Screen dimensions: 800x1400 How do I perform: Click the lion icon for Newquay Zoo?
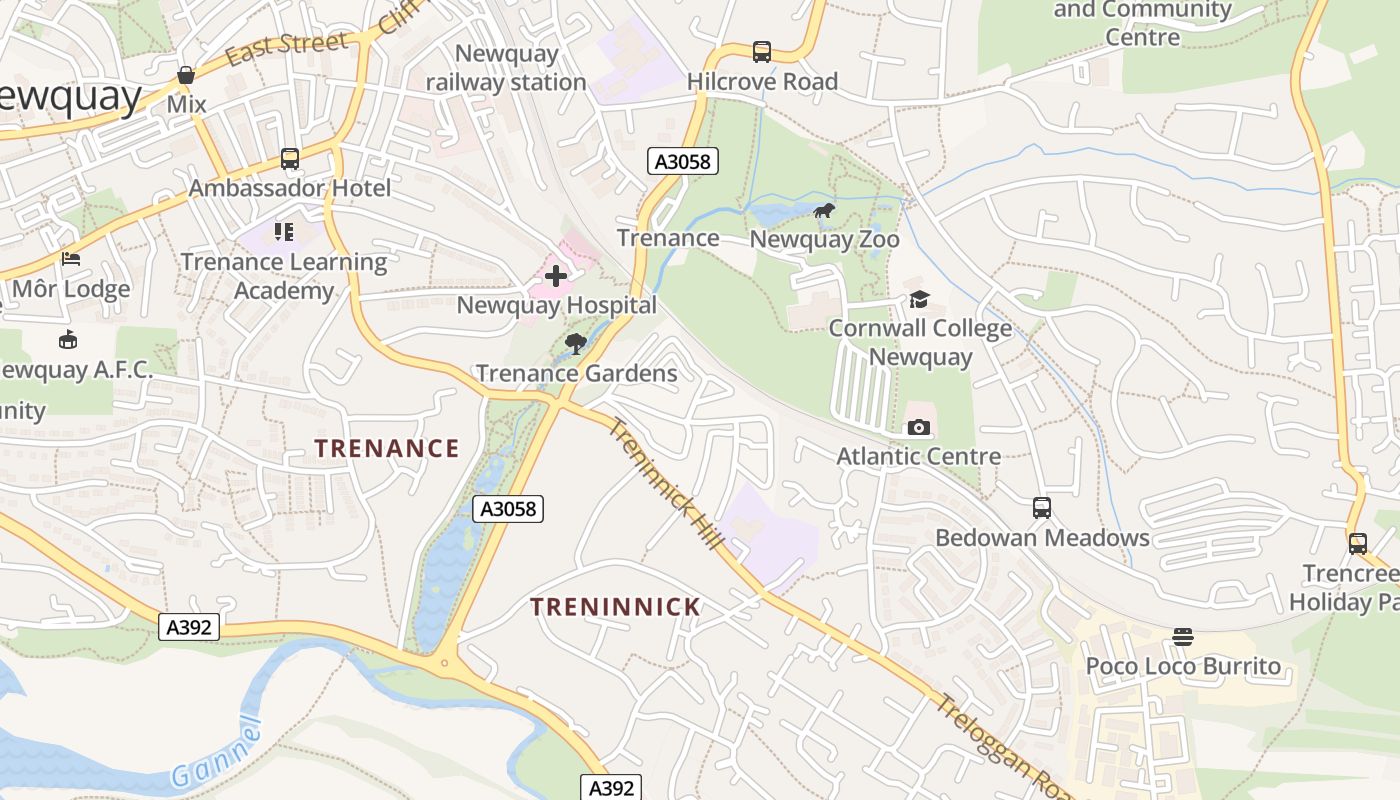(824, 211)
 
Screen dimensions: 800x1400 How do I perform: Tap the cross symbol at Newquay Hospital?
(556, 276)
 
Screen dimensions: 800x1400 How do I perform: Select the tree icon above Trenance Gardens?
(575, 345)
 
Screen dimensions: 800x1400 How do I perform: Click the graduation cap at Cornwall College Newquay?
(919, 299)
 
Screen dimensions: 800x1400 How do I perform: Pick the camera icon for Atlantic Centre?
(918, 428)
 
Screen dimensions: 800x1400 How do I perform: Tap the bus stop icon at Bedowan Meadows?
(1042, 508)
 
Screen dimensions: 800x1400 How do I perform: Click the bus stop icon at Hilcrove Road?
(762, 52)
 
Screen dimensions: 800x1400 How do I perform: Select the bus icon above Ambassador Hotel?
(289, 159)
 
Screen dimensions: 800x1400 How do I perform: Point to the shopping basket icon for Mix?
(186, 75)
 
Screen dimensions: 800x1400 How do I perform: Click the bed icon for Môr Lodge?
(71, 259)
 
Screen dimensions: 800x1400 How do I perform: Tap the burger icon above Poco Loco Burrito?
(1183, 637)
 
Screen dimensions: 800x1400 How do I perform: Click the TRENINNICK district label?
(615, 607)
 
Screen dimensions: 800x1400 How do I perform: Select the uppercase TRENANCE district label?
(387, 448)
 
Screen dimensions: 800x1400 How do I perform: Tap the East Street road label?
(286, 47)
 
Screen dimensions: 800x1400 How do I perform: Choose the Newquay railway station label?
(506, 67)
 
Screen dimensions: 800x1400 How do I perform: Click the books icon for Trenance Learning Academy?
(284, 233)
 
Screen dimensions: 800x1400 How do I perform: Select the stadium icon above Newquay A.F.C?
(68, 340)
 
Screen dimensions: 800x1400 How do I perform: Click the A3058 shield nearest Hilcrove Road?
(683, 161)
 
